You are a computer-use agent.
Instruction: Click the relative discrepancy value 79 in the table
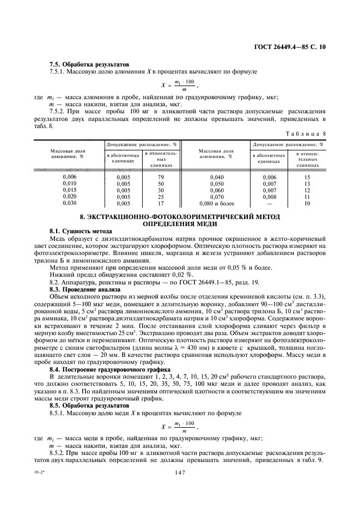tap(161, 177)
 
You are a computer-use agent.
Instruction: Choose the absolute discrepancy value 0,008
tap(270, 197)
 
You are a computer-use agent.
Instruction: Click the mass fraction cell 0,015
tap(70, 190)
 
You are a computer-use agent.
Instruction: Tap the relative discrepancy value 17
tap(161, 203)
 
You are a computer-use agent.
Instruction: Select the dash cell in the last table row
tap(270, 203)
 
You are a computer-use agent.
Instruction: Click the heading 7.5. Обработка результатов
tap(88, 64)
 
